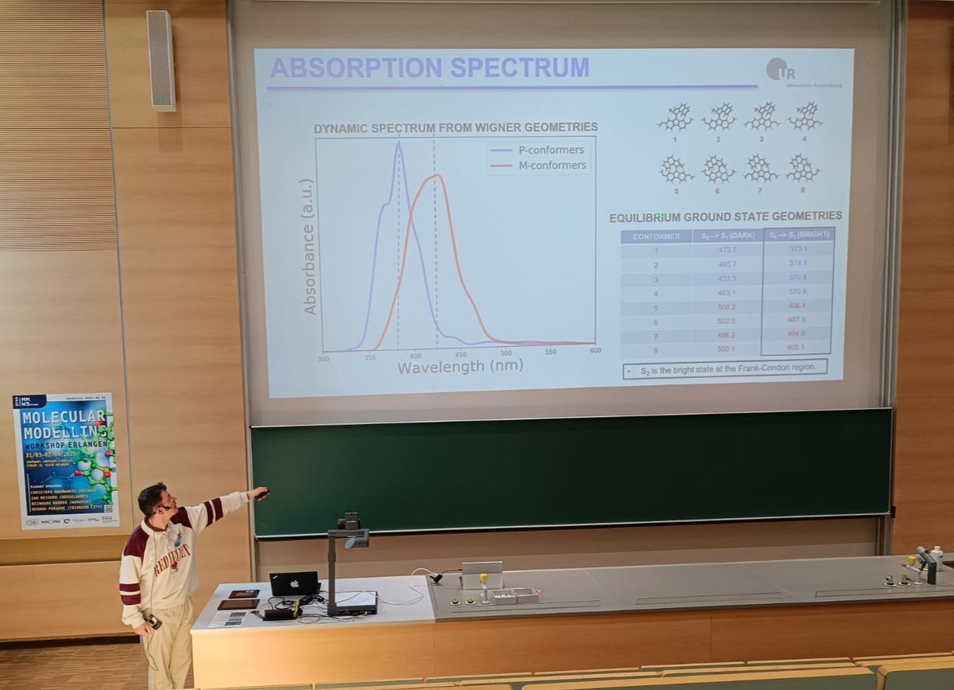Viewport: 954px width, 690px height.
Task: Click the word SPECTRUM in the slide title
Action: pyautogui.click(x=520, y=68)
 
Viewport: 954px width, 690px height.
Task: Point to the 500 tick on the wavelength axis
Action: pyautogui.click(x=506, y=351)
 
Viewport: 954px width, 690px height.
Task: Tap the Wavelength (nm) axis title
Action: pyautogui.click(x=460, y=367)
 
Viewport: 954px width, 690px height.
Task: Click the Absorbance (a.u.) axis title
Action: pyautogui.click(x=308, y=246)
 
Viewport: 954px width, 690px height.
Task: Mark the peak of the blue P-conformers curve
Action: pyautogui.click(x=398, y=144)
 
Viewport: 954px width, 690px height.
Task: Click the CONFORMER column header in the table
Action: pyautogui.click(x=656, y=236)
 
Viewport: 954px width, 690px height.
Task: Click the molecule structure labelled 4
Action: pyautogui.click(x=805, y=117)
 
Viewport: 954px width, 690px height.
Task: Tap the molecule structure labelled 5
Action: pyautogui.click(x=675, y=170)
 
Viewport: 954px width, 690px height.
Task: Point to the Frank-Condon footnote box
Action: pyautogui.click(x=724, y=369)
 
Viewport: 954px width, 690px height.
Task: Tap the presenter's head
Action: pyautogui.click(x=153, y=499)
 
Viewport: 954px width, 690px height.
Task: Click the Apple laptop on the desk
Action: pyautogui.click(x=294, y=584)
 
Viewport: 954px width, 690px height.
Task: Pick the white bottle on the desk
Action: pyautogui.click(x=937, y=557)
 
